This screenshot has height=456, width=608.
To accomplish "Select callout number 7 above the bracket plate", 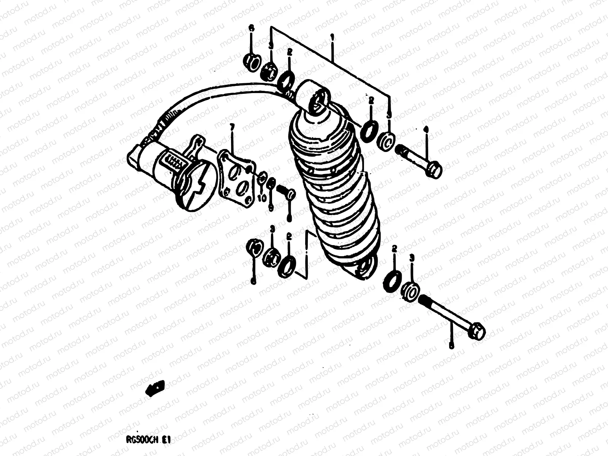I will tap(232, 136).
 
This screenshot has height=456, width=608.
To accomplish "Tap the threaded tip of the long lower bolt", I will tap(423, 301).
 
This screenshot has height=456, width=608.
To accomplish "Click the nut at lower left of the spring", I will tap(254, 249).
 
